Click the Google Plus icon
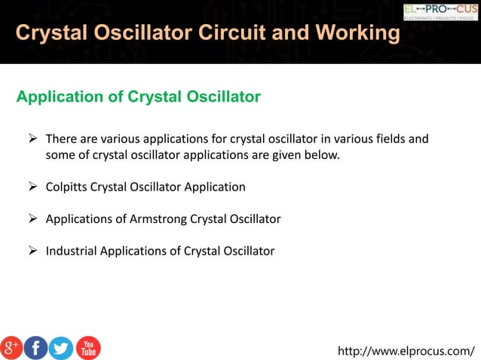(x=11, y=347)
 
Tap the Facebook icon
(x=36, y=347)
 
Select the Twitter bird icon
(x=61, y=347)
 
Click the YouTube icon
(x=88, y=347)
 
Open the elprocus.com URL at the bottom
(x=406, y=350)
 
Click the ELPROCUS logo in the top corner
(x=440, y=11)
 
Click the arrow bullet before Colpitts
(x=33, y=187)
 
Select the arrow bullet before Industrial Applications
(x=33, y=251)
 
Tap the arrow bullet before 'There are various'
(x=33, y=139)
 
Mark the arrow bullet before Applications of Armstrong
(x=33, y=219)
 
